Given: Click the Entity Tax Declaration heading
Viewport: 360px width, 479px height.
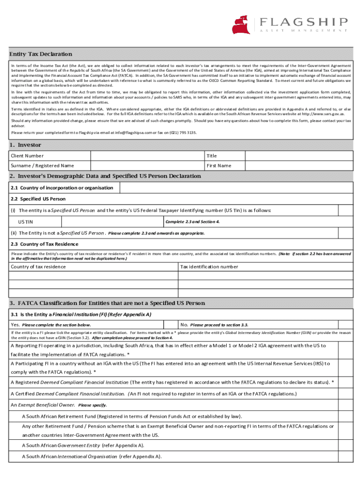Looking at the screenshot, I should (41, 54).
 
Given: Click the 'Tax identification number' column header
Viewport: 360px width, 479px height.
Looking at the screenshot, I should (209, 267).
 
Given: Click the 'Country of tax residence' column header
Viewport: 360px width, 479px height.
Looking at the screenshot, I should (38, 267).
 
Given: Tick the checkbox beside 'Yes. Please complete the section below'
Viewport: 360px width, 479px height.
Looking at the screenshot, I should (170, 325).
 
